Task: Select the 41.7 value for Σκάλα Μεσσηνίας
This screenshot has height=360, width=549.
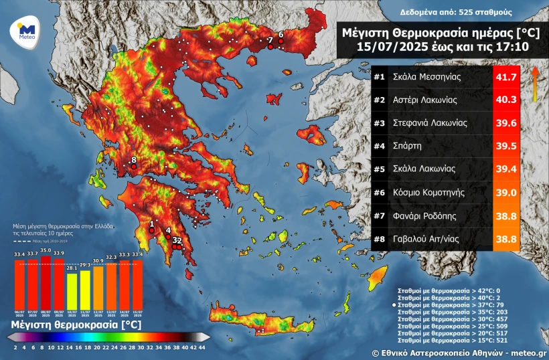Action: tap(506, 77)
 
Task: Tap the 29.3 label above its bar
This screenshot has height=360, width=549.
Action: tap(84, 265)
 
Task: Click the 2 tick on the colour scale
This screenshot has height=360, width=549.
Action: tap(15, 348)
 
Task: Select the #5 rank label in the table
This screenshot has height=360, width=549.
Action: tap(380, 169)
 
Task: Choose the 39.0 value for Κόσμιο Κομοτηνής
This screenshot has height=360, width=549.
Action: tap(506, 192)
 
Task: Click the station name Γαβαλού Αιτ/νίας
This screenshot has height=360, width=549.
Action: tap(430, 238)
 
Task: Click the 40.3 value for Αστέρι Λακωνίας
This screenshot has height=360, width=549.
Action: tap(506, 100)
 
